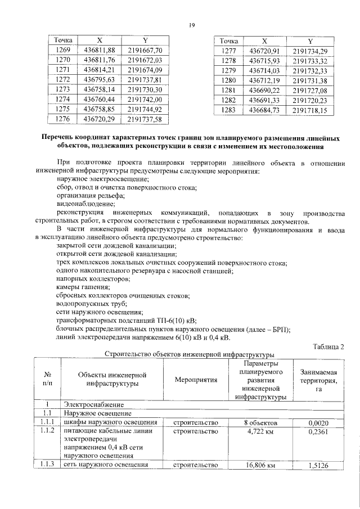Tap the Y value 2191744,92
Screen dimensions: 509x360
[x=145, y=109]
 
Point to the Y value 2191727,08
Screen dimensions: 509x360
[x=309, y=91]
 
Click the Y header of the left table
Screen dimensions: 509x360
[x=145, y=40]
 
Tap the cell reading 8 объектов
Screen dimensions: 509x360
[x=260, y=422]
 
